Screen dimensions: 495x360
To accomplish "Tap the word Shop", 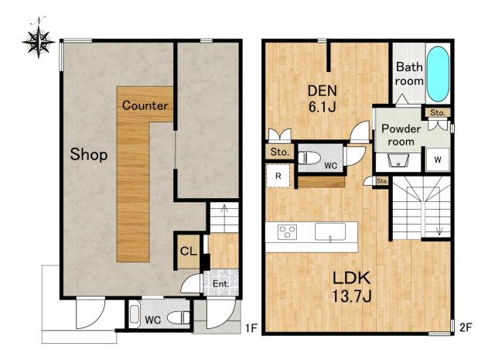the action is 89,155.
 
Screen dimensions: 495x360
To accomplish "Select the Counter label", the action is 145,105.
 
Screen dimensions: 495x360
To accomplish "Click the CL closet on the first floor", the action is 189,252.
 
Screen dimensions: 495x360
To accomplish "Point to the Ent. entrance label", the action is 220,284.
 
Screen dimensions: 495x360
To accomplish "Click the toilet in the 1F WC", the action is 179,317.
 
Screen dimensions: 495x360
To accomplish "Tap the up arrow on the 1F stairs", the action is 225,219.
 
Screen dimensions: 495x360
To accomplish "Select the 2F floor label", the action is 466,327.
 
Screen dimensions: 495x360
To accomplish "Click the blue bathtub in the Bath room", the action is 438,74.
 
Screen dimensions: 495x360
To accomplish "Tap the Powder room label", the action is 401,135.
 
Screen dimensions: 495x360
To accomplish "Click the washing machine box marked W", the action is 438,159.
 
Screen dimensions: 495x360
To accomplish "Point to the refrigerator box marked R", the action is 278,176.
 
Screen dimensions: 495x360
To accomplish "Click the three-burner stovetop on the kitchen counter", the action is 287,232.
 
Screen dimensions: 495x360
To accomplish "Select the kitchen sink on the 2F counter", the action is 330,231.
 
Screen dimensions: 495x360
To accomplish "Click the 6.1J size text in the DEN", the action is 322,107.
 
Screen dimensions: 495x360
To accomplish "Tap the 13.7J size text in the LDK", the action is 351,297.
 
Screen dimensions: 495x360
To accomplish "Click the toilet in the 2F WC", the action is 309,158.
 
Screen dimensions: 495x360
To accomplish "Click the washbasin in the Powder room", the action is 398,160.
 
